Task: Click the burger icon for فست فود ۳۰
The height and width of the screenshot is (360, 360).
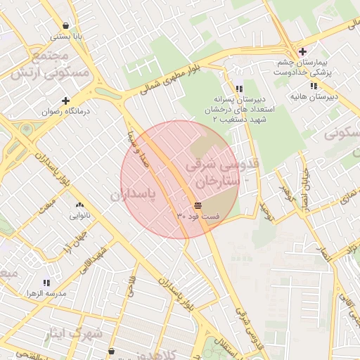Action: pyautogui.click(x=198, y=205)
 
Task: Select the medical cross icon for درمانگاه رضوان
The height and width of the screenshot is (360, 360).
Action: pyautogui.click(x=66, y=101)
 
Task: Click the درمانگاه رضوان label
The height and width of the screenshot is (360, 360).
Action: pyautogui.click(x=66, y=112)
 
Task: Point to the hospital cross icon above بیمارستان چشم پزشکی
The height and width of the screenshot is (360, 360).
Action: pyautogui.click(x=302, y=51)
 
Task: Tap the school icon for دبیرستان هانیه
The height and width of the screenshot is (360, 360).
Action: pyautogui.click(x=314, y=86)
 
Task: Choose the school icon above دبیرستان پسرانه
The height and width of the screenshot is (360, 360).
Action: pyautogui.click(x=240, y=89)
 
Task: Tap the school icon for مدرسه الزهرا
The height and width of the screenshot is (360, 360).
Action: pyautogui.click(x=46, y=282)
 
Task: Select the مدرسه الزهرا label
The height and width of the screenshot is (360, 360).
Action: pyautogui.click(x=46, y=292)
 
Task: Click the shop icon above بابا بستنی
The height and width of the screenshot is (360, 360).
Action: pyautogui.click(x=66, y=25)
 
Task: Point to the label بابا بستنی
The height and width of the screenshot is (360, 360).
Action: pyautogui.click(x=66, y=35)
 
